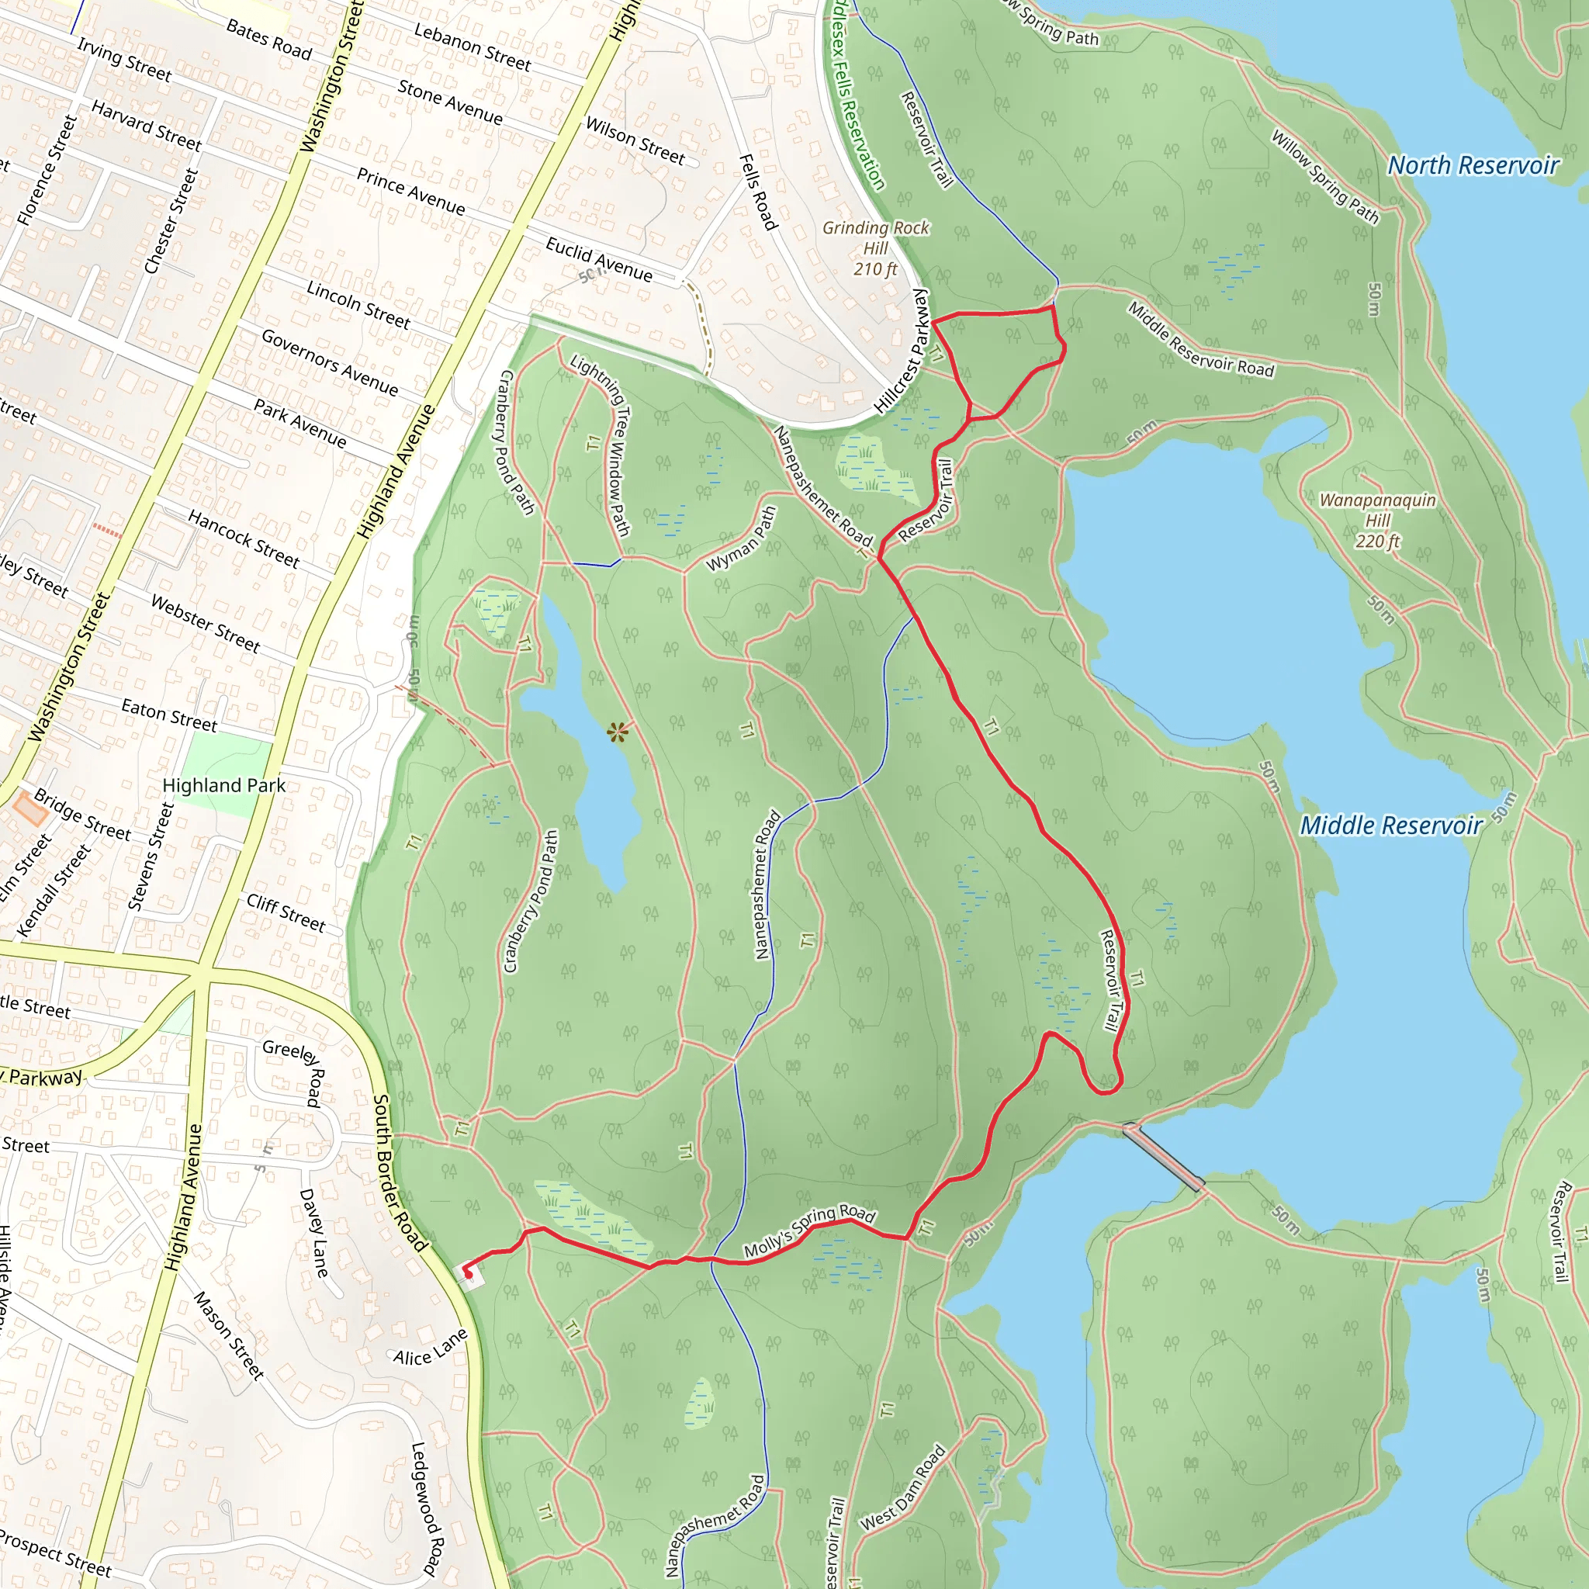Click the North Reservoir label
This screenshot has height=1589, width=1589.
click(1473, 165)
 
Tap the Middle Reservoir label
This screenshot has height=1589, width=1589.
click(1391, 825)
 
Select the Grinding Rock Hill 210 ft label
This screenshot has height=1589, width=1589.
click(875, 248)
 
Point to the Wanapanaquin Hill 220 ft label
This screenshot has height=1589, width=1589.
click(1378, 520)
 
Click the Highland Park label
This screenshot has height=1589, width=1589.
click(223, 785)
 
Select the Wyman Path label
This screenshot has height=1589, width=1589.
click(741, 538)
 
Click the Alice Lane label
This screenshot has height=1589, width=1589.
click(430, 1348)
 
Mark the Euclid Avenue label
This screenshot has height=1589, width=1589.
click(599, 259)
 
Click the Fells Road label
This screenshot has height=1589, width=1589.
click(757, 192)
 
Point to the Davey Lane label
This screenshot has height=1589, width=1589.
click(313, 1232)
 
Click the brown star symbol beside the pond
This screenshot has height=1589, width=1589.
click(618, 731)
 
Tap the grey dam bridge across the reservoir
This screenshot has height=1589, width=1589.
click(1164, 1157)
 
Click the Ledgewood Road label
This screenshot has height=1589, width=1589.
click(428, 1508)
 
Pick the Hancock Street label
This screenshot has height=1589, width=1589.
click(244, 538)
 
